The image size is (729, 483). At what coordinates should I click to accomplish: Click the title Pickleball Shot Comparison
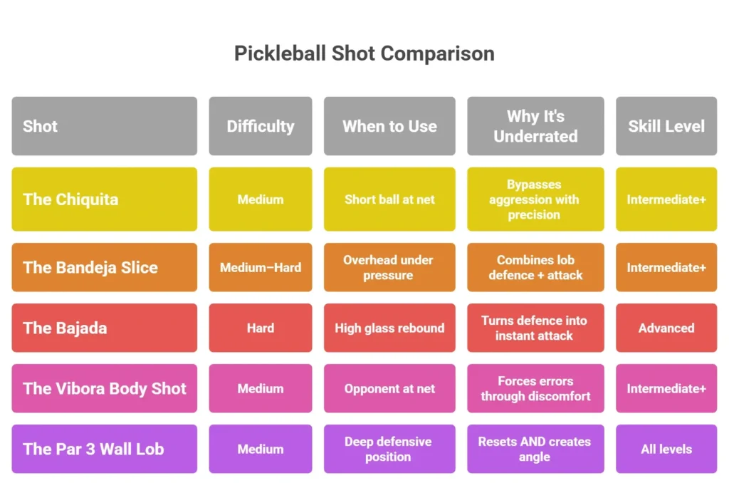(364, 53)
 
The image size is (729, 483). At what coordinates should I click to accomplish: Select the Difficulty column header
(260, 126)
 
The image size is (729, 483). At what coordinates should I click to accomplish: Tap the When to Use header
(389, 126)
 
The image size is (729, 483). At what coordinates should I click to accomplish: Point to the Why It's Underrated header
(535, 126)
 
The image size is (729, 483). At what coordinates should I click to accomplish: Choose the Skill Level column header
(666, 126)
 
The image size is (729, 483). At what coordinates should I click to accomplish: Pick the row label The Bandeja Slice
(90, 267)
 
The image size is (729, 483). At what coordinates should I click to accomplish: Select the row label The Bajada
(65, 328)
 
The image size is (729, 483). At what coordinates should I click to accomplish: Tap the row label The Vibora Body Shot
(104, 388)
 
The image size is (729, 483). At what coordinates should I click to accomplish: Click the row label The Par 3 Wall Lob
(93, 449)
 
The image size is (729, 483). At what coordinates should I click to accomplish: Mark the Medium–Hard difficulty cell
(260, 267)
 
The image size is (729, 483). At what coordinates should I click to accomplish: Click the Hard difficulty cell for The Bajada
(260, 328)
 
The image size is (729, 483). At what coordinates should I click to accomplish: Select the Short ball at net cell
(389, 199)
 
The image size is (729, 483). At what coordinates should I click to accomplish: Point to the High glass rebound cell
(389, 328)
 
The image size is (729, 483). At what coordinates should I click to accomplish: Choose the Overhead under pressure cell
(389, 267)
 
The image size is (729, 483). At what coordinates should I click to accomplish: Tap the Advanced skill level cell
(666, 328)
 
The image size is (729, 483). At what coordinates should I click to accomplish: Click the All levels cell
(666, 449)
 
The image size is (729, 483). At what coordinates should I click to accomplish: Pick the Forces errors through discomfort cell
(535, 388)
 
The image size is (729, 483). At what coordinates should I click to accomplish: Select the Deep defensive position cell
(389, 449)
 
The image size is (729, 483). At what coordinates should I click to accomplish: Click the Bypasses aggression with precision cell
(535, 199)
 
